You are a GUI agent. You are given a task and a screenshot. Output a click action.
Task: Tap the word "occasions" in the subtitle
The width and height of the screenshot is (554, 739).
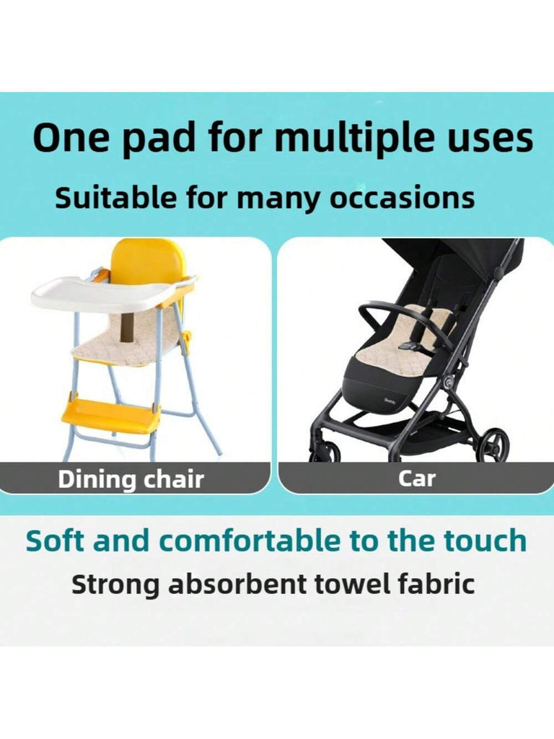tap(402, 198)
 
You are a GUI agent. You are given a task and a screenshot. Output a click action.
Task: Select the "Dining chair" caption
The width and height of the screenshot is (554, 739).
tap(131, 479)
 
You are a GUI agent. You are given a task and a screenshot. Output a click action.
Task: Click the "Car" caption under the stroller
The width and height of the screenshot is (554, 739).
tap(416, 478)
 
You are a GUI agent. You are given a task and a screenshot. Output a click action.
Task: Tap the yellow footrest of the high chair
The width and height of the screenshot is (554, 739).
tap(112, 417)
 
